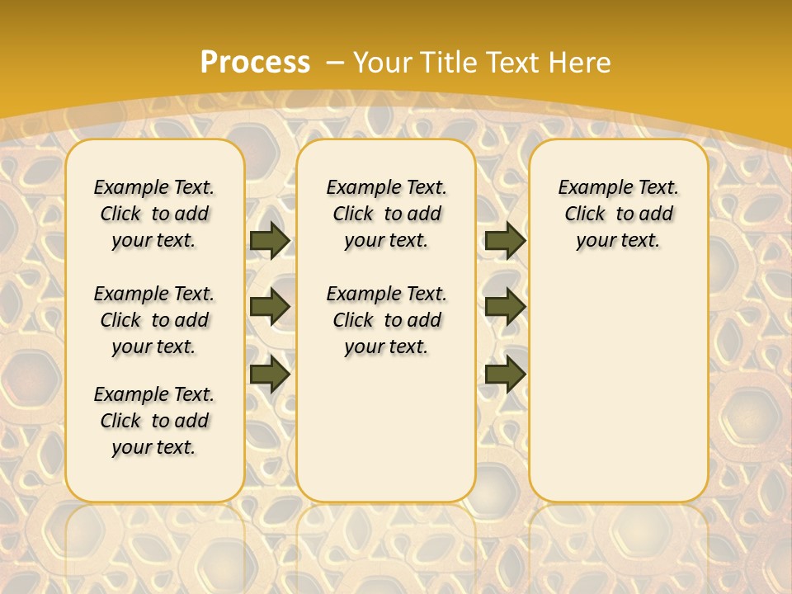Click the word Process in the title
pyautogui.click(x=255, y=62)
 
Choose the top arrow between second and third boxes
pyautogui.click(x=505, y=240)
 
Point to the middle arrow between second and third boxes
pyautogui.click(x=505, y=307)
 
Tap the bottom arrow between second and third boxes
pyautogui.click(x=505, y=374)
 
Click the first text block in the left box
pyautogui.click(x=154, y=214)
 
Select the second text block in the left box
pyautogui.click(x=154, y=320)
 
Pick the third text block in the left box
pyautogui.click(x=154, y=421)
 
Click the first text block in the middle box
pyautogui.click(x=386, y=214)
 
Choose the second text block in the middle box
pyautogui.click(x=386, y=320)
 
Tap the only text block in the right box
pyautogui.click(x=618, y=214)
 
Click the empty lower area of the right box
pyautogui.click(x=618, y=388)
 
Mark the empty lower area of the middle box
pyautogui.click(x=386, y=429)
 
